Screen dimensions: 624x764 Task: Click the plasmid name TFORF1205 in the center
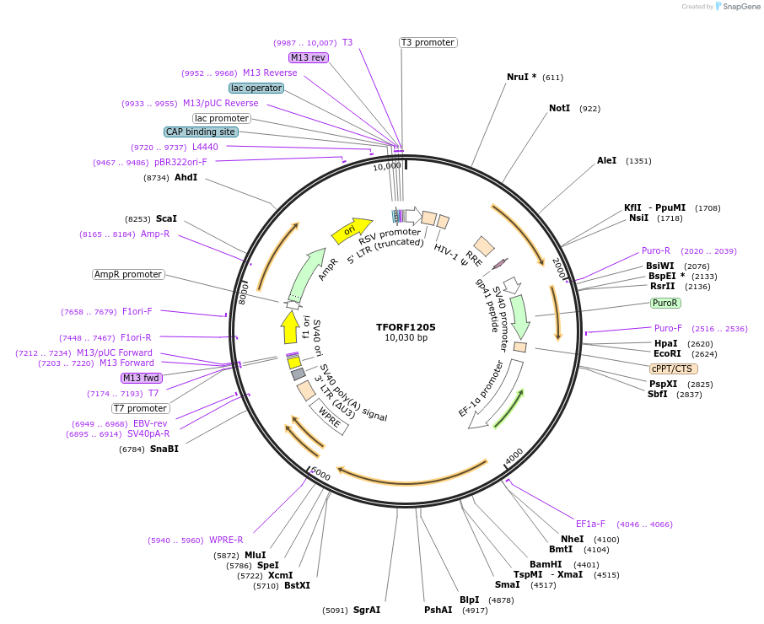click(406, 326)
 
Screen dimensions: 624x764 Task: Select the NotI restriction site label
click(559, 109)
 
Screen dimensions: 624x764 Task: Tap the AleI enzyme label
click(606, 160)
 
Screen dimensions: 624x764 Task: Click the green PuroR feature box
click(665, 303)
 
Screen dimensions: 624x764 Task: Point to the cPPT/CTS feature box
click(673, 368)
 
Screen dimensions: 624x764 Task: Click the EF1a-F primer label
click(590, 524)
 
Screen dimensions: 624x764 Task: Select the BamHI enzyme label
click(546, 564)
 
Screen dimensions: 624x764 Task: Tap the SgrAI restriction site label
click(367, 610)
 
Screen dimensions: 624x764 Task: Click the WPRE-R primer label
click(226, 540)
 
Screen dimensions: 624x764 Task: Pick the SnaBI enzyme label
click(164, 449)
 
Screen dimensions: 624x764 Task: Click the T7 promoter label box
click(140, 408)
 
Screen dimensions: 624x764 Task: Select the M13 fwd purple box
click(141, 378)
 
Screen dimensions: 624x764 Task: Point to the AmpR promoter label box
click(128, 274)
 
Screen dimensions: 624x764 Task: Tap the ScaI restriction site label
click(166, 218)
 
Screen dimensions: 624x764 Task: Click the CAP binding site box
click(201, 132)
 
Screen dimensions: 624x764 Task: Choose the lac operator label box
click(256, 88)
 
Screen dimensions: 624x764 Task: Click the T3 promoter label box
click(428, 42)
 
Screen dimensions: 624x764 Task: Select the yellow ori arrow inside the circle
click(351, 229)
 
